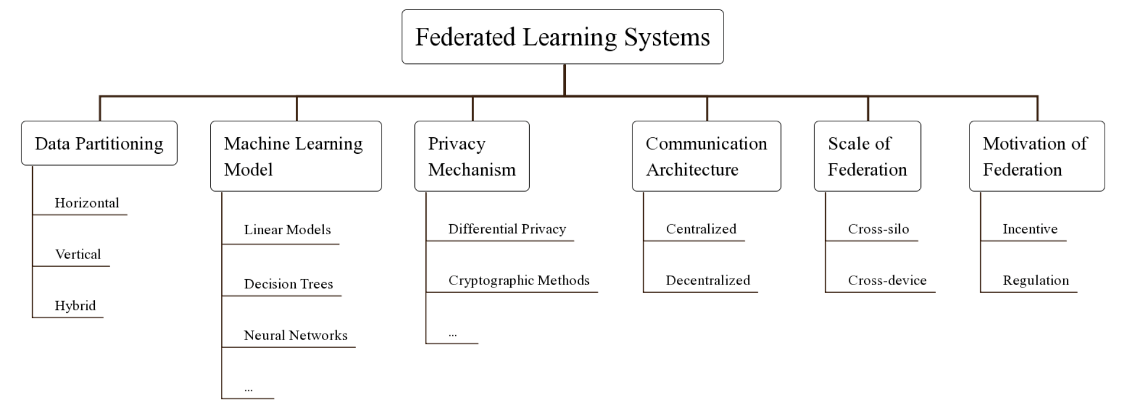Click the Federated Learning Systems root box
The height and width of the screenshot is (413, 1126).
[562, 37]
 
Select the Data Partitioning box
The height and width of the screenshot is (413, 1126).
[99, 143]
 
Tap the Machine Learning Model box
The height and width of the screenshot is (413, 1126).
[296, 156]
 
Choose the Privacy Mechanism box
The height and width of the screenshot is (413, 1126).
[472, 156]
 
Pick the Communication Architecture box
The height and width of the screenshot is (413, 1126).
[706, 156]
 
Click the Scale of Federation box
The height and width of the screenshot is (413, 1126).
[868, 156]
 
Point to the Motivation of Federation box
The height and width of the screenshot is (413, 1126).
[1037, 156]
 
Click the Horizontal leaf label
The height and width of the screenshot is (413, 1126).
[87, 203]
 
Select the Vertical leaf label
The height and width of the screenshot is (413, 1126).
[78, 254]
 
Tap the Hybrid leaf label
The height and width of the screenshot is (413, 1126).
[75, 306]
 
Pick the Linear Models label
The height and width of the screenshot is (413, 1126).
[287, 230]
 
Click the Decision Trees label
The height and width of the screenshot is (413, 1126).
[289, 284]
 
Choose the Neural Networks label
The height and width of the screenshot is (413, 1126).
[296, 335]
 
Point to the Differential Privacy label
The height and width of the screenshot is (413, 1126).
[507, 229]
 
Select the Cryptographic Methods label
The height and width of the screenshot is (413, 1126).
[519, 280]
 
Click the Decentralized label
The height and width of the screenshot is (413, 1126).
[708, 280]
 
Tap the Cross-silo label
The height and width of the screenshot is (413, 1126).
[879, 229]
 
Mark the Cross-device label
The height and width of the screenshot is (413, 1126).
[887, 280]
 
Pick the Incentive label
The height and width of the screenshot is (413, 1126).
[1030, 229]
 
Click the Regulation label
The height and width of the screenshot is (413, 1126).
[1036, 280]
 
